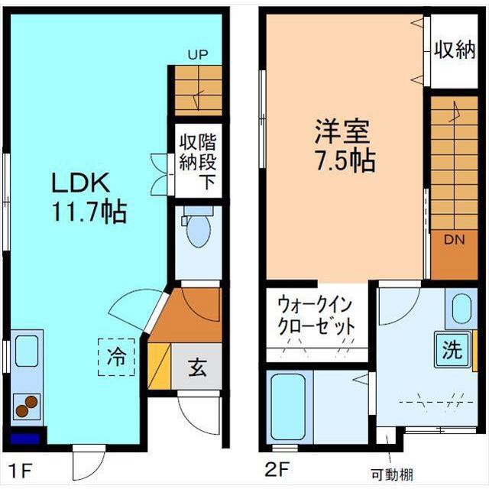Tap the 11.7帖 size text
[x=89, y=212]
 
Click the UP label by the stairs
[x=198, y=55]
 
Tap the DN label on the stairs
[x=455, y=240]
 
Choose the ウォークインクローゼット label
[x=316, y=314]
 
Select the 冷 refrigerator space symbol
[x=117, y=356]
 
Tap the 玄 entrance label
[x=197, y=368]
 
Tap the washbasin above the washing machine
[x=462, y=309]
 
